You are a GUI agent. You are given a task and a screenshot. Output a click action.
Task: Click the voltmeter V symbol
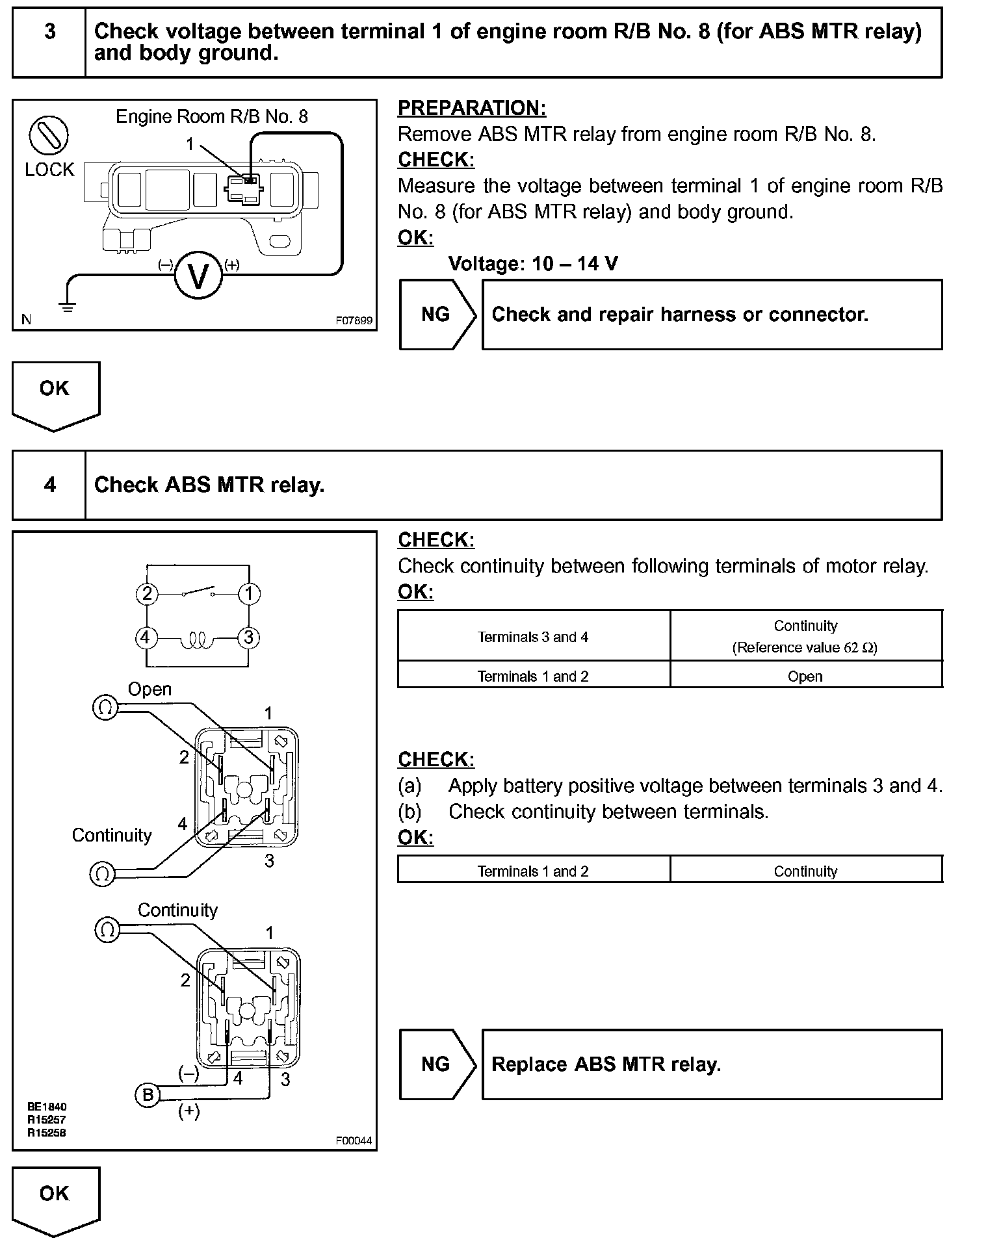(x=198, y=276)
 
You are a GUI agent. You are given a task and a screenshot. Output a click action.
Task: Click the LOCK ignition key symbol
(x=49, y=135)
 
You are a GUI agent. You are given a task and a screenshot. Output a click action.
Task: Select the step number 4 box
(x=49, y=485)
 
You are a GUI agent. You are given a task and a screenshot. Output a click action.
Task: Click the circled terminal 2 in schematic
(x=147, y=593)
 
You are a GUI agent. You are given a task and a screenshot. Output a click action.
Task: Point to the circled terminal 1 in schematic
(x=249, y=593)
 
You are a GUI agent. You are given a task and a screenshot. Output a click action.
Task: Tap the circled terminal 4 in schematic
(x=146, y=637)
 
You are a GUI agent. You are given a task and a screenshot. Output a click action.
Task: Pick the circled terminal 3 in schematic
(x=248, y=637)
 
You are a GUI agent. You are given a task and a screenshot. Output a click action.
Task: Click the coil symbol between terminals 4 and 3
(x=197, y=641)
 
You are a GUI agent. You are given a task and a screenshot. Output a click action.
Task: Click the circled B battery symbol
(x=148, y=1095)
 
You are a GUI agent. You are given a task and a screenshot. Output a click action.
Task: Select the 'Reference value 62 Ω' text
(x=805, y=648)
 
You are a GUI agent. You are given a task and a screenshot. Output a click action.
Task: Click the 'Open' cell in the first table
(x=805, y=676)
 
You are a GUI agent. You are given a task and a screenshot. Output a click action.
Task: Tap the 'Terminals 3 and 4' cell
(x=533, y=637)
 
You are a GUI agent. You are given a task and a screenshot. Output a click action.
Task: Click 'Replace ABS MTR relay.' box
(x=712, y=1064)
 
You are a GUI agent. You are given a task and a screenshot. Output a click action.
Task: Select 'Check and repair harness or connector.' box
(x=712, y=315)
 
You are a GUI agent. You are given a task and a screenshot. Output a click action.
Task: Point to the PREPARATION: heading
(x=472, y=108)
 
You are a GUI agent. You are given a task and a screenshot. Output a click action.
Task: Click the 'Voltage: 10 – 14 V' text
(x=533, y=264)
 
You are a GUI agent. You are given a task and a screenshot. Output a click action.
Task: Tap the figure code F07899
(x=354, y=320)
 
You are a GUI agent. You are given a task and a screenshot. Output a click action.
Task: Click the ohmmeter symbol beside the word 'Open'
(x=105, y=707)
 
